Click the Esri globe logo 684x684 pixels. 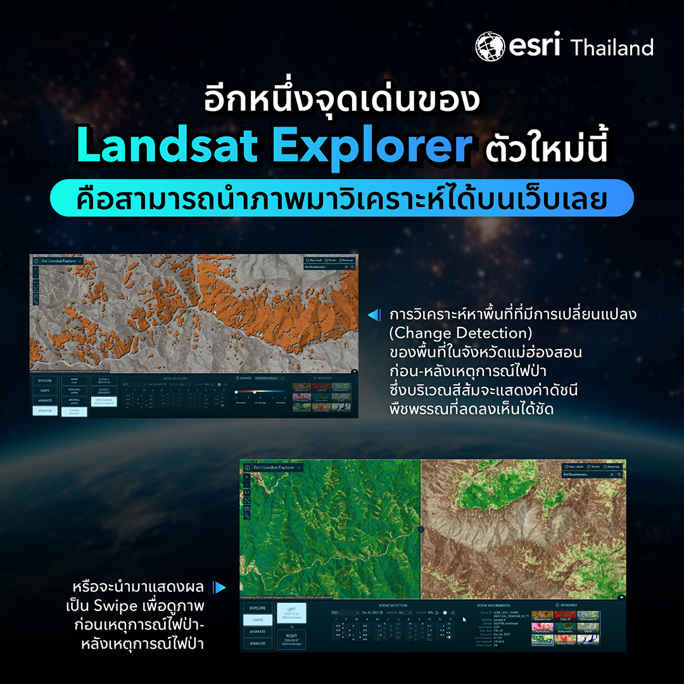click(x=490, y=47)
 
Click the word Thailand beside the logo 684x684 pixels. click(x=612, y=47)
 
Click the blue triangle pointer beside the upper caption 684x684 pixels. click(x=374, y=315)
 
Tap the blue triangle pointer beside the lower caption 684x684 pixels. click(x=219, y=587)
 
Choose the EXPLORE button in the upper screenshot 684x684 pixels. click(x=45, y=381)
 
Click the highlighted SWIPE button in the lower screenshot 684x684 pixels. click(x=258, y=620)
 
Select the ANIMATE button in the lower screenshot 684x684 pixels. click(x=258, y=632)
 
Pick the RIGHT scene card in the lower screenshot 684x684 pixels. click(x=291, y=639)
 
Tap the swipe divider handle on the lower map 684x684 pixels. click(x=421, y=529)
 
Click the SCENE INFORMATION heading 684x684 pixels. click(x=493, y=605)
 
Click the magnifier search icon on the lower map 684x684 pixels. click(x=620, y=474)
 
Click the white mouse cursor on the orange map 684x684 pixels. click(x=215, y=312)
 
